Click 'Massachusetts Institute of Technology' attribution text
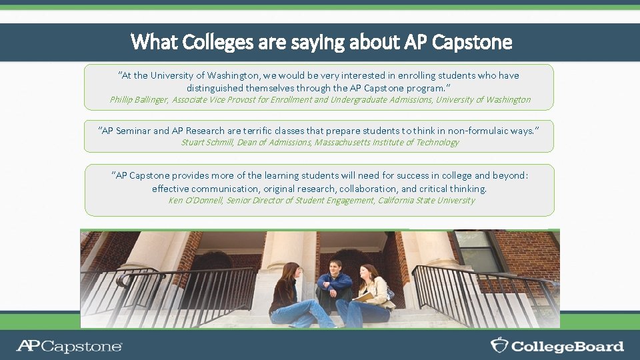click(x=387, y=142)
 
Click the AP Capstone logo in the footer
click(x=69, y=346)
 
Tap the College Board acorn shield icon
click(x=499, y=345)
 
